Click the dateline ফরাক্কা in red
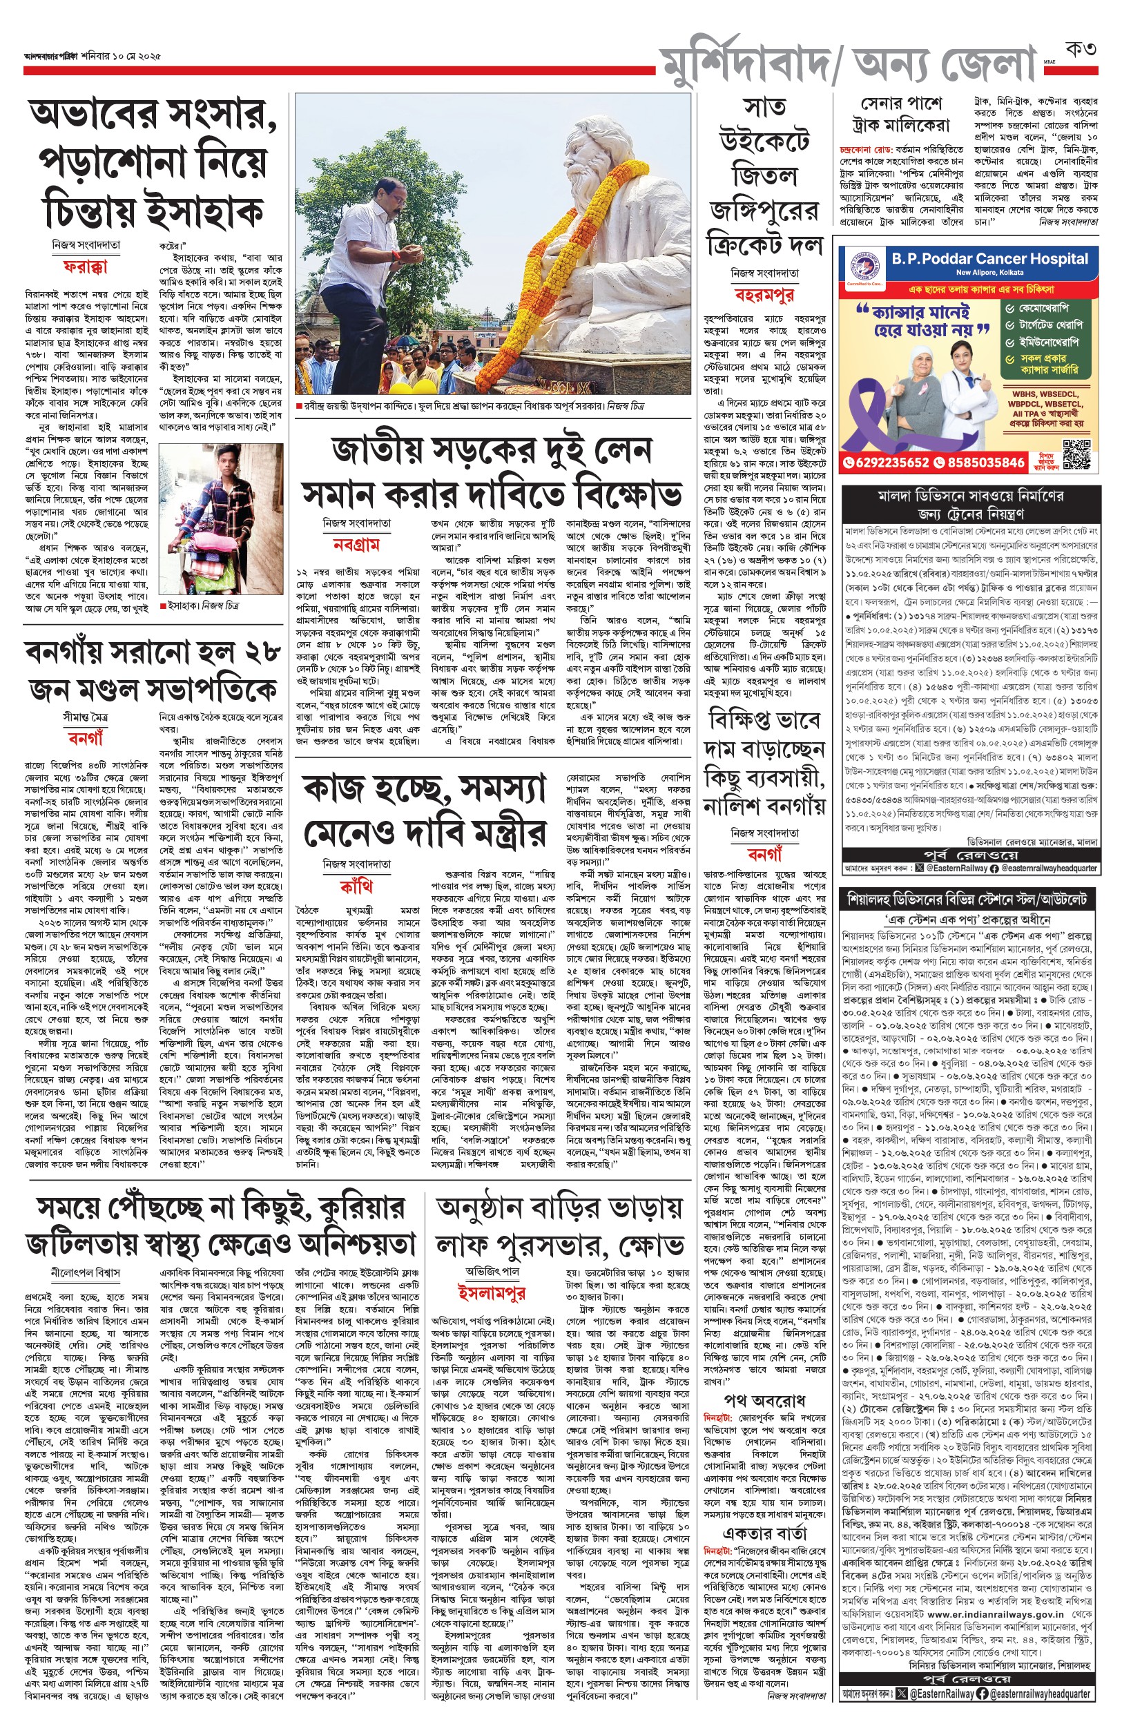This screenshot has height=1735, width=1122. coord(85,266)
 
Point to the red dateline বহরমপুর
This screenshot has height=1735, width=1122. coord(764,294)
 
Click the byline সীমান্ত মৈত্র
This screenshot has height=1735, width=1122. coord(85,717)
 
